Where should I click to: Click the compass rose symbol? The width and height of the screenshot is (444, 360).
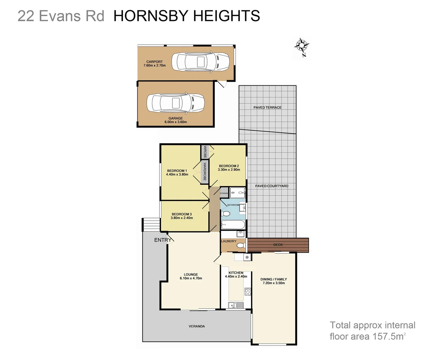click(302, 46)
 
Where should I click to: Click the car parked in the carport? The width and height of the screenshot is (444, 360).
click(200, 62)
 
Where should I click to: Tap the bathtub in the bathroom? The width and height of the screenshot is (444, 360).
click(233, 224)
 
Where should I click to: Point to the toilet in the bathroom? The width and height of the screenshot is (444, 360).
click(226, 214)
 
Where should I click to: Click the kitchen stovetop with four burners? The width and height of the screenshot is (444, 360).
click(248, 292)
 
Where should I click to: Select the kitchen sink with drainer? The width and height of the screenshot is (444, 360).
click(235, 305)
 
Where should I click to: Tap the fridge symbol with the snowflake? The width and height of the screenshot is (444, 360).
click(247, 257)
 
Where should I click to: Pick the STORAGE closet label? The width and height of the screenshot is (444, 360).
click(224, 193)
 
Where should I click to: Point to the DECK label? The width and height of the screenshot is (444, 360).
click(278, 245)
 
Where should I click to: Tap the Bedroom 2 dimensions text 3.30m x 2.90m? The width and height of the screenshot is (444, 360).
click(229, 170)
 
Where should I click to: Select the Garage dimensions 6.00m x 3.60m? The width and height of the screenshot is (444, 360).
click(176, 122)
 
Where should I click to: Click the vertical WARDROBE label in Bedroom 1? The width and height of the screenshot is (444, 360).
click(205, 172)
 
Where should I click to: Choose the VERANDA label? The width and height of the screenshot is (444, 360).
click(197, 326)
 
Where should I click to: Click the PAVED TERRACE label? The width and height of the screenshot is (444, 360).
click(267, 108)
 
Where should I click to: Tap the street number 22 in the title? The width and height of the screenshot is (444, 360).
click(26, 16)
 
